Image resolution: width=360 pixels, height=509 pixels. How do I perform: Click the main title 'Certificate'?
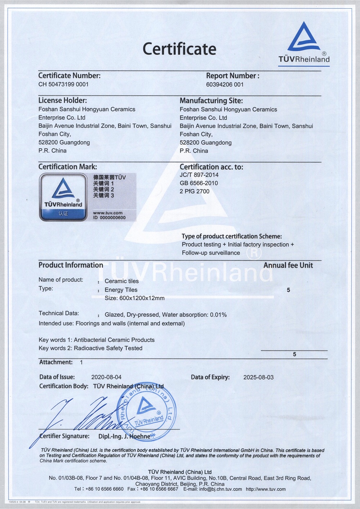(179, 49)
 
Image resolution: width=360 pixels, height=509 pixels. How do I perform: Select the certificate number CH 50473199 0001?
(63, 84)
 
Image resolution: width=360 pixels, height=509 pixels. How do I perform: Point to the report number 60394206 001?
(225, 85)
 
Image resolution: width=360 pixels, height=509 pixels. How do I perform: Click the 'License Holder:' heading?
(63, 100)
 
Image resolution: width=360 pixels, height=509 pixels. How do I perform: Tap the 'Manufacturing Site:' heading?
(211, 101)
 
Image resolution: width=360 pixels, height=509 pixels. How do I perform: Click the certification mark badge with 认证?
(63, 197)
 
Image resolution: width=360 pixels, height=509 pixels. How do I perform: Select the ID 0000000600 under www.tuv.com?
(109, 217)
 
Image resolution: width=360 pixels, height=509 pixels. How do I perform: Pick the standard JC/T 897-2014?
(199, 175)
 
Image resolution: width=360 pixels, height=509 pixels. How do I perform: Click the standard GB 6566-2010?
(199, 183)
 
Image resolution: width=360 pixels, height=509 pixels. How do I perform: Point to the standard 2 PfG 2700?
(194, 192)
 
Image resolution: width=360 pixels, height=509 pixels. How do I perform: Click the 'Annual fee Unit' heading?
(288, 265)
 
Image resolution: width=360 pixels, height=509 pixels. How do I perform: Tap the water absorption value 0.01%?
(218, 315)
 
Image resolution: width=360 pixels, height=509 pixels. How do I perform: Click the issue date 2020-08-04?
(106, 377)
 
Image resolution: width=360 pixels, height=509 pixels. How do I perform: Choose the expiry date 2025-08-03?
(258, 377)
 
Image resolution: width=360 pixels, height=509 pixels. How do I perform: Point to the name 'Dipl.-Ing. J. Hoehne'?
(124, 436)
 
